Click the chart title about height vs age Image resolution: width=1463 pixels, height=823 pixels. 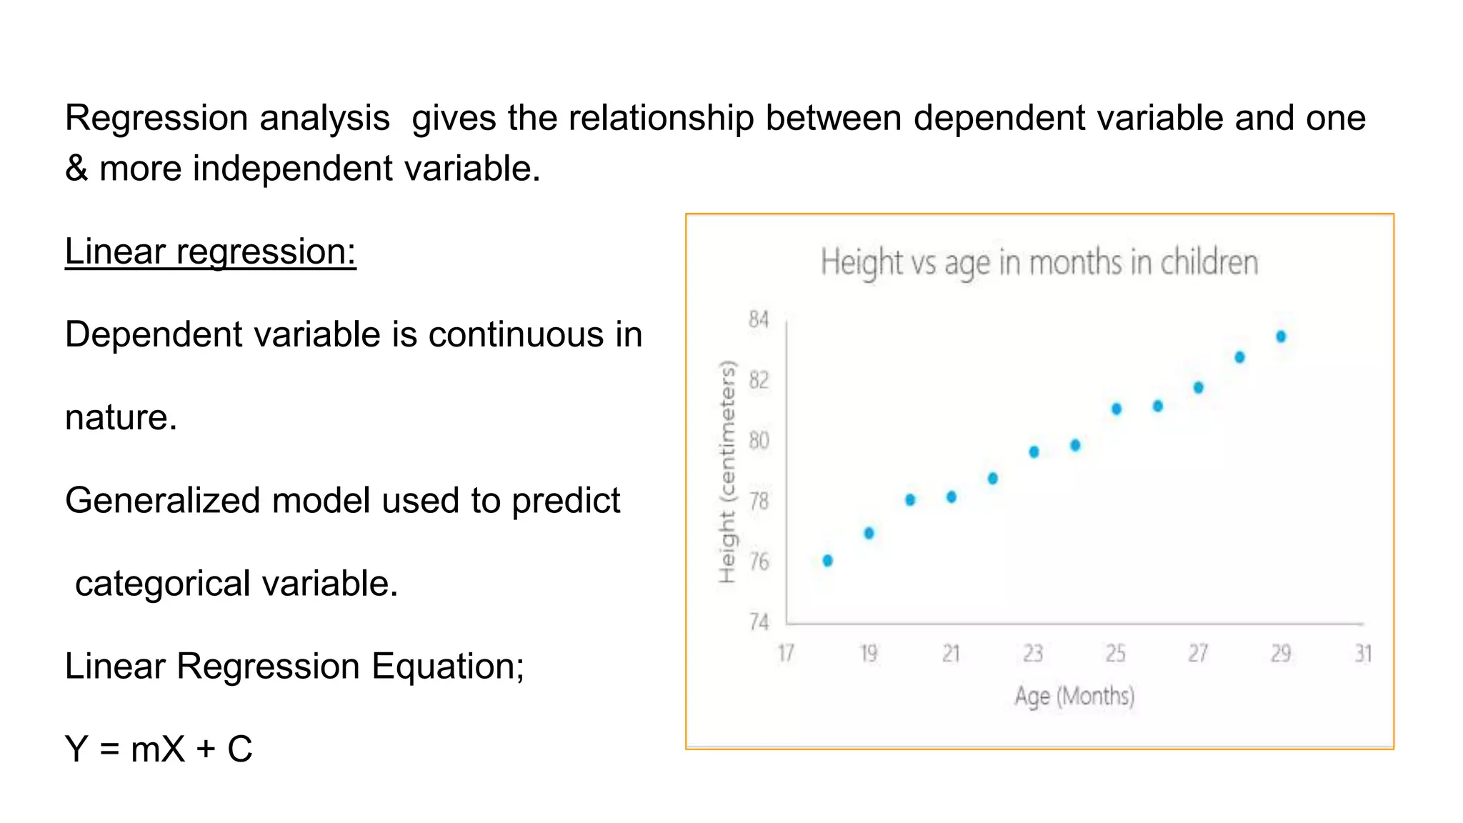(x=1039, y=262)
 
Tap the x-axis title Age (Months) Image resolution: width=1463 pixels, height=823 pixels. (x=1074, y=695)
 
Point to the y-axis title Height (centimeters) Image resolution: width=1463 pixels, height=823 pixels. (x=726, y=472)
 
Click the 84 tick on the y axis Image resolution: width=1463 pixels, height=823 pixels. (x=759, y=319)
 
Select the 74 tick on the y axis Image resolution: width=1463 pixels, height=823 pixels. (x=759, y=622)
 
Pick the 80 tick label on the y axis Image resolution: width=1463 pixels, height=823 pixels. (x=759, y=440)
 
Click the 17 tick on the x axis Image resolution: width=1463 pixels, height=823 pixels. (x=786, y=653)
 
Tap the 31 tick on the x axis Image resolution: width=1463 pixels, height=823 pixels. (x=1363, y=653)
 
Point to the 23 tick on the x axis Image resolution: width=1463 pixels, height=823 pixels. (x=1033, y=653)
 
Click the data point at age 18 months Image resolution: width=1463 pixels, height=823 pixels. (x=827, y=561)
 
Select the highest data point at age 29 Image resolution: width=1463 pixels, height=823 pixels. (x=1281, y=336)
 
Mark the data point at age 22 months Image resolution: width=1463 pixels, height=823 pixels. (x=992, y=479)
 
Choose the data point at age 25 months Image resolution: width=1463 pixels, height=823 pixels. (x=1117, y=409)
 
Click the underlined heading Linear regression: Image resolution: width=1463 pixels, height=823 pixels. (x=210, y=251)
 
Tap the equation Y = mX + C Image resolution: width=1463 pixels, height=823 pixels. (x=159, y=749)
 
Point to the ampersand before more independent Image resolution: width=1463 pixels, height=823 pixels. (x=76, y=169)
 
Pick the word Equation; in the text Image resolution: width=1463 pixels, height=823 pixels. (x=447, y=667)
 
